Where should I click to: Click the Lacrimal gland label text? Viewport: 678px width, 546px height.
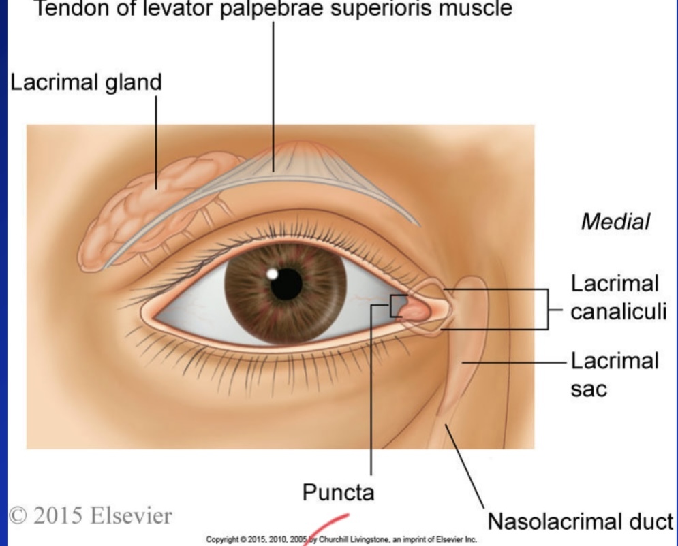(x=85, y=82)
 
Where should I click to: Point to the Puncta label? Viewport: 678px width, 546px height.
(x=339, y=492)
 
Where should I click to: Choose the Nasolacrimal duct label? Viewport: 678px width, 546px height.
(x=581, y=522)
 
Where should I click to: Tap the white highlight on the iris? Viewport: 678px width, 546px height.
(x=273, y=274)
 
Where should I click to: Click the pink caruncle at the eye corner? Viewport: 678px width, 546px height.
(x=416, y=311)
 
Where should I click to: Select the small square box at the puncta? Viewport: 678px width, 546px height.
(x=398, y=306)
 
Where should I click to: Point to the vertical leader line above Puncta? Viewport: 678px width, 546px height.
(x=371, y=395)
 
